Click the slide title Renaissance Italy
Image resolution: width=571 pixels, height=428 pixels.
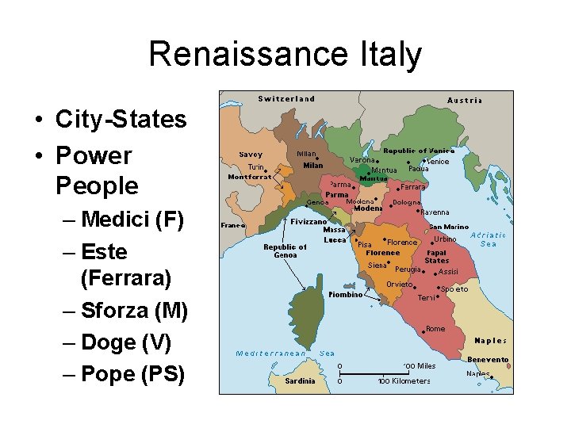[285, 55]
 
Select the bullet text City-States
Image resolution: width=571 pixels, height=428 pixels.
[121, 120]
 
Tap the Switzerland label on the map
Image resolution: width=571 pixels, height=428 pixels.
[286, 99]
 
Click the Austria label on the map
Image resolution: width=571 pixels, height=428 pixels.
[465, 101]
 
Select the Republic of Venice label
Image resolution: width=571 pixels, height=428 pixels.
[419, 151]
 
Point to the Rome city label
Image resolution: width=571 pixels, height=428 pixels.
[435, 328]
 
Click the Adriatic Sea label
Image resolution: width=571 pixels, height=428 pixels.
[488, 239]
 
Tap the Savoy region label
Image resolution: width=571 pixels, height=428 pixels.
[251, 155]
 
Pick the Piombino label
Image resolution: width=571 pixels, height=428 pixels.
[345, 294]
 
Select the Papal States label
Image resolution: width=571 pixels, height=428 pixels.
[437, 256]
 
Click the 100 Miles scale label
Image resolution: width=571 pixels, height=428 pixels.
[420, 365]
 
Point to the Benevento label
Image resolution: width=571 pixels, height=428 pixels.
[487, 359]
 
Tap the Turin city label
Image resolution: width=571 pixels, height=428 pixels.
[255, 167]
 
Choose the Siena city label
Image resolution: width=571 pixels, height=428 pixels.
[377, 266]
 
